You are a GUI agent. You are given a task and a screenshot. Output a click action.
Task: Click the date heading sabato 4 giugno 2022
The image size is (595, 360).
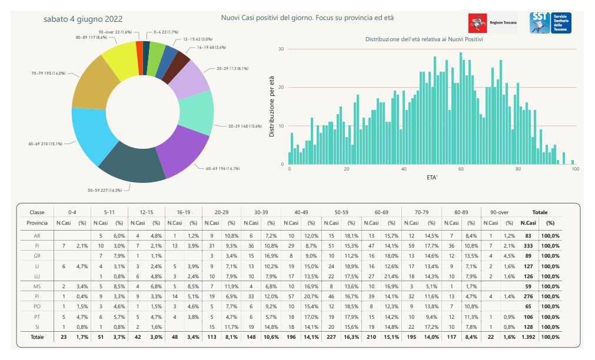[83, 19]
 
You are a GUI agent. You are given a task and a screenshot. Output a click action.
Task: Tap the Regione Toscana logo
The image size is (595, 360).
[493, 23]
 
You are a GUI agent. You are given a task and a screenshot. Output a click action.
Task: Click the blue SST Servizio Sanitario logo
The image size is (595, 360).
[551, 23]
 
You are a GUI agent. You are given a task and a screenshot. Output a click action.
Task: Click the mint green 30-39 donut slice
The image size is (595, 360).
[197, 112]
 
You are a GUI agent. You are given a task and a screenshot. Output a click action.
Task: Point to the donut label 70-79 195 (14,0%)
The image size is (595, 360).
[48, 73]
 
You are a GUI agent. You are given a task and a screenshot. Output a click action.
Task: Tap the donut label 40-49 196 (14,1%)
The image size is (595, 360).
[222, 168]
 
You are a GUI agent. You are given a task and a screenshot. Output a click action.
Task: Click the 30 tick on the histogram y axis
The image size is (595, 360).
[281, 49]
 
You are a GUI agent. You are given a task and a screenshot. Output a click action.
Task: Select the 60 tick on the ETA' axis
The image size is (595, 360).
[461, 169]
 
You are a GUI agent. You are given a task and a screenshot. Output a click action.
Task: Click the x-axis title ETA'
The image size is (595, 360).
[432, 177]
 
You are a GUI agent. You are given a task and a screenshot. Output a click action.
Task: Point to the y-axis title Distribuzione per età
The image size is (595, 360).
[271, 106]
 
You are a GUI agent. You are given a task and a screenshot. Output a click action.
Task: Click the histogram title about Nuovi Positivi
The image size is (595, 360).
[424, 39]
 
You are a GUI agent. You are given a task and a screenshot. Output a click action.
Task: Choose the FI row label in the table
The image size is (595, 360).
[37, 246]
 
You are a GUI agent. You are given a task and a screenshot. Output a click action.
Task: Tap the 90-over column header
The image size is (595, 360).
[499, 212]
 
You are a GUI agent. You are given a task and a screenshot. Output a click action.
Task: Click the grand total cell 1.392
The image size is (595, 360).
[528, 337]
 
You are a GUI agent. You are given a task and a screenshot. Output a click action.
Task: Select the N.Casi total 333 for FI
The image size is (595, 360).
[528, 246]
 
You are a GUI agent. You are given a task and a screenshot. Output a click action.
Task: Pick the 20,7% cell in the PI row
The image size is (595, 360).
[311, 296]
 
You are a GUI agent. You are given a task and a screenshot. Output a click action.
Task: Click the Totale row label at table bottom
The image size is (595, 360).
[37, 337]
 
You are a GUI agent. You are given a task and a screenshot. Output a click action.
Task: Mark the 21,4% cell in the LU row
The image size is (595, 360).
[391, 276]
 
